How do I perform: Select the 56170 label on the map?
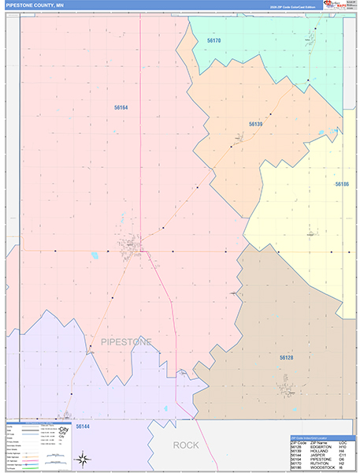213,40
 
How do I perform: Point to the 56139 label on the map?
255,125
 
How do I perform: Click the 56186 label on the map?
341,184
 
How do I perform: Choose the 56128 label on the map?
286,358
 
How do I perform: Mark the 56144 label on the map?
83,426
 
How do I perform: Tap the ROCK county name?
186,445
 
